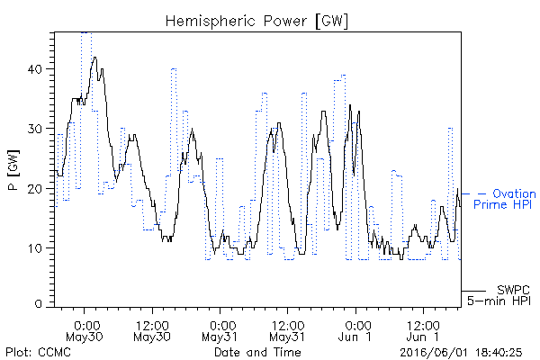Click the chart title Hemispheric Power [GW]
pyautogui.click(x=256, y=22)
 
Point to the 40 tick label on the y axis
pyautogui.click(x=34, y=69)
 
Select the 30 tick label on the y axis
pyautogui.click(x=34, y=129)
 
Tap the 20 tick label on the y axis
pyautogui.click(x=34, y=189)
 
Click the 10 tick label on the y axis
pyautogui.click(x=34, y=248)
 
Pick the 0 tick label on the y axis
pyautogui.click(x=38, y=303)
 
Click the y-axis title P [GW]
pyautogui.click(x=13, y=170)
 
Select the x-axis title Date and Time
pyautogui.click(x=257, y=352)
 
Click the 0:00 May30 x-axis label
pyautogui.click(x=84, y=331)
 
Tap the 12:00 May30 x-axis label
pyautogui.click(x=152, y=331)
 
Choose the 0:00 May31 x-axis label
pyautogui.click(x=220, y=331)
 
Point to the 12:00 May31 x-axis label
pyautogui.click(x=287, y=331)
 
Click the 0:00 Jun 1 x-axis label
pyautogui.click(x=355, y=331)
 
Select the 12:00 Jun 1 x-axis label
pyautogui.click(x=423, y=331)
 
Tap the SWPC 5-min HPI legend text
pyautogui.click(x=499, y=295)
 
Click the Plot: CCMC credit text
pyautogui.click(x=38, y=352)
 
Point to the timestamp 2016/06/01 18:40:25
pyautogui.click(x=461, y=353)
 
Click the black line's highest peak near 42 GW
pyautogui.click(x=94, y=58)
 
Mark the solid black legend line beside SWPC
pyautogui.click(x=473, y=291)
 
